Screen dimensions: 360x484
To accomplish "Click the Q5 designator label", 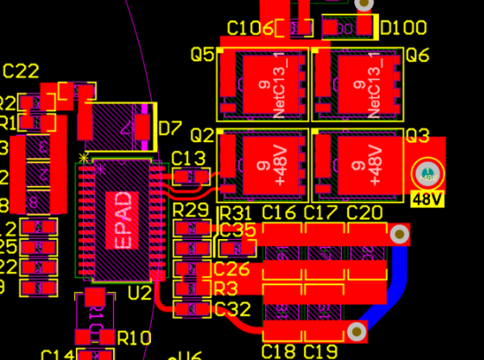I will [x=202, y=55].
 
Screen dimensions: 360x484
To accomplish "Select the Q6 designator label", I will [x=417, y=55].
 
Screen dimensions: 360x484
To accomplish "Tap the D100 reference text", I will [x=403, y=28].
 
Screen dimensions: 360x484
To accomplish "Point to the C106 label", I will [x=249, y=28].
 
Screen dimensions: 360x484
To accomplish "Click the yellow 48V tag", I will [x=425, y=199].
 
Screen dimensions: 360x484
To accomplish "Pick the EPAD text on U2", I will [x=121, y=220].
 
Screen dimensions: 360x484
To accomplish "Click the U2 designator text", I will [x=140, y=292].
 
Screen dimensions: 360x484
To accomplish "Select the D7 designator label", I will [x=170, y=128].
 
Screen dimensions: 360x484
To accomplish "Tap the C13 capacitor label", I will [x=190, y=157].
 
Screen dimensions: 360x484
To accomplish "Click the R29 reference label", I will [x=191, y=211].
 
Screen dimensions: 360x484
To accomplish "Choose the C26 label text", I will [x=232, y=269].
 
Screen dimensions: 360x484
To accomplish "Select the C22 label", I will [x=21, y=71].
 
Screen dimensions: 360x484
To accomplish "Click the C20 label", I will [x=364, y=212].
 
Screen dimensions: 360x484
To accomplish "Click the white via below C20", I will [x=398, y=235].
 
